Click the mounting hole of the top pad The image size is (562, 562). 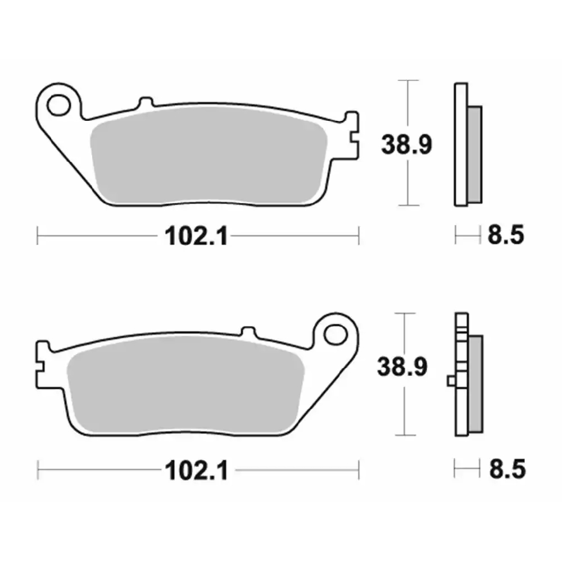(x=58, y=105)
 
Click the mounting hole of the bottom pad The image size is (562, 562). (x=336, y=335)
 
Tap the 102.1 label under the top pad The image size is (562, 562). (x=196, y=236)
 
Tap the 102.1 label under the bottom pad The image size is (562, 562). (x=197, y=470)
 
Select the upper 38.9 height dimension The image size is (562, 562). (x=406, y=144)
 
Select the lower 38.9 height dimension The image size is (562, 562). (x=402, y=366)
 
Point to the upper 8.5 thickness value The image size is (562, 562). (x=506, y=235)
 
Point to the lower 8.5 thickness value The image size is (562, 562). (x=507, y=469)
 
